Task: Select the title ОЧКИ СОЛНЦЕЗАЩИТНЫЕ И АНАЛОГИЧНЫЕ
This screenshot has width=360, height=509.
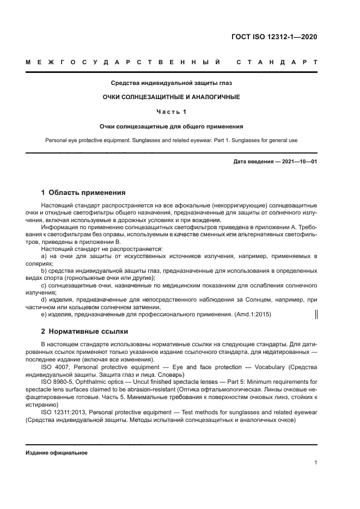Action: pyautogui.click(x=172, y=97)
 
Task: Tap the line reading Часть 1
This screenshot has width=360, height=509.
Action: pyautogui.click(x=172, y=112)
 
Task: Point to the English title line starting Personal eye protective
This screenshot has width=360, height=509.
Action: pyautogui.click(x=172, y=140)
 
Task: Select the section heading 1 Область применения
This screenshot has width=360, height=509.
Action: pyautogui.click(x=84, y=192)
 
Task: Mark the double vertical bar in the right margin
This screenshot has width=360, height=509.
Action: pyautogui.click(x=317, y=314)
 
